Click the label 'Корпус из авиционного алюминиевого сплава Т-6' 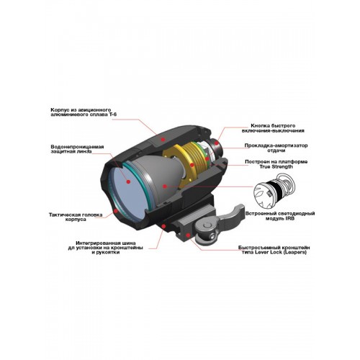coord(84,112)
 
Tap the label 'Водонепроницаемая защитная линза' coord(77,149)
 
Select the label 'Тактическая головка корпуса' coord(76,217)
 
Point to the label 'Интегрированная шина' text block coord(106,248)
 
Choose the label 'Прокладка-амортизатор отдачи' coord(276,148)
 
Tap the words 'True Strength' coord(276,166)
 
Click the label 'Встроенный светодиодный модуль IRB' coord(280,216)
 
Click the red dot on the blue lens coord(128,181)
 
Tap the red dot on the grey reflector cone coord(165,186)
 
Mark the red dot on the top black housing coord(163,139)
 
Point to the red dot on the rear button coord(217,143)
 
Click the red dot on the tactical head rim coord(116,211)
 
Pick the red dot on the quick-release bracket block coord(188,235)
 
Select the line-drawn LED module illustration coord(276,191)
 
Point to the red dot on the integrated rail coord(163,226)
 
